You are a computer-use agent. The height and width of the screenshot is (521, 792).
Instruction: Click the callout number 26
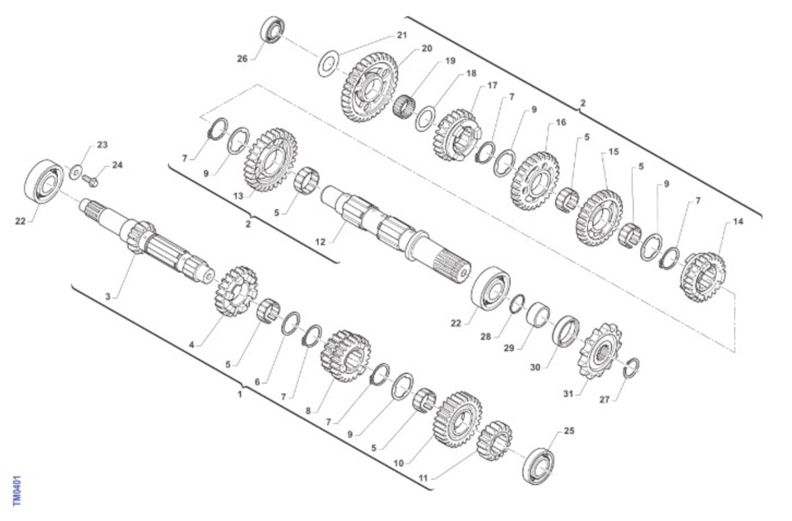[x=242, y=59]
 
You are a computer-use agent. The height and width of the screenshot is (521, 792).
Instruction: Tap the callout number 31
[x=568, y=393]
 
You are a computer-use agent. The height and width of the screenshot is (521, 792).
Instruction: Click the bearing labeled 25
[x=538, y=466]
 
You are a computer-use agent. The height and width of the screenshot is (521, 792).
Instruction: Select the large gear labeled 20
[x=369, y=87]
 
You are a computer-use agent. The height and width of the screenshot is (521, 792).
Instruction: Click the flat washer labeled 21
[x=329, y=63]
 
